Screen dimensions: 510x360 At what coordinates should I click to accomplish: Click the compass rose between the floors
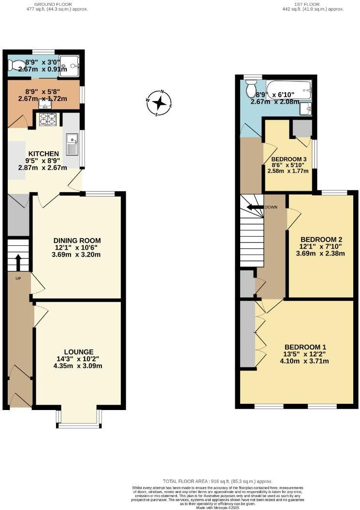tap(159, 103)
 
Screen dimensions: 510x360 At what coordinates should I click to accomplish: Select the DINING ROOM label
tap(77, 241)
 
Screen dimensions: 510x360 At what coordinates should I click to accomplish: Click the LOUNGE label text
tap(79, 352)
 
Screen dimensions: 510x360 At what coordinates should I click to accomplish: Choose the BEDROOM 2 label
tap(321, 240)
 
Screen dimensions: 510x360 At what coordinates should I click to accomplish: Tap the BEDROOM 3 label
tap(289, 159)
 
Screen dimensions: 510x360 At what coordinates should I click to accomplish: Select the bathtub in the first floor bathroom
tap(288, 89)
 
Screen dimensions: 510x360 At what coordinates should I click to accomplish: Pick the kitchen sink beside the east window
tap(72, 144)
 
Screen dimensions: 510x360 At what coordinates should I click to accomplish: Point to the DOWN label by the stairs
tap(271, 207)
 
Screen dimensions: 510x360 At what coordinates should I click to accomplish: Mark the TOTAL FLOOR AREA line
tap(217, 482)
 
